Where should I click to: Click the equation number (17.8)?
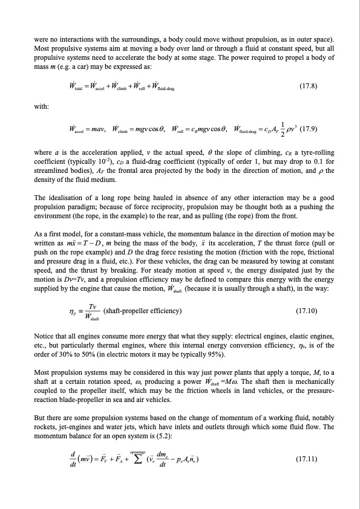click(x=309, y=86)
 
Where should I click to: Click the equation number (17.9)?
click(x=314, y=129)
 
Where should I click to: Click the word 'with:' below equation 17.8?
click(x=42, y=107)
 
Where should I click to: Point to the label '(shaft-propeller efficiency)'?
click(x=143, y=311)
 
